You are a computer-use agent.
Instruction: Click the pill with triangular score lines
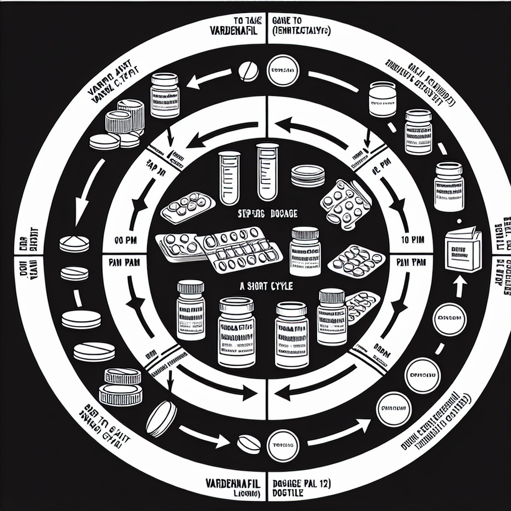(74, 243)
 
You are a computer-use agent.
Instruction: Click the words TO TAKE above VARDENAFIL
(244, 21)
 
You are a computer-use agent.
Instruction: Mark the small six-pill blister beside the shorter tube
(187, 206)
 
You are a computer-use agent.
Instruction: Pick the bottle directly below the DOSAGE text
(305, 251)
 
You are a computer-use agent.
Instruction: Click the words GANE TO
(287, 21)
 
